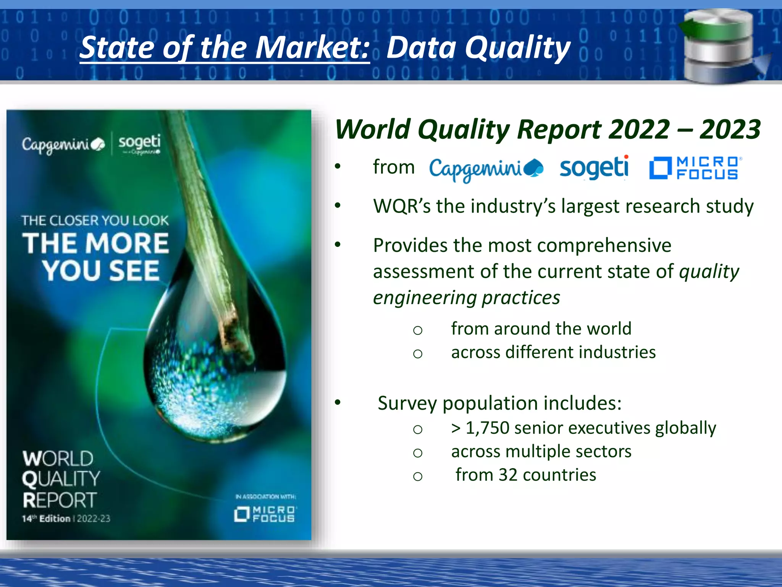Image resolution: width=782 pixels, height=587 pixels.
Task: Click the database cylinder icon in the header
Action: [718, 46]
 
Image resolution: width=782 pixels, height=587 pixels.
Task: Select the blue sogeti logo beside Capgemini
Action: [594, 167]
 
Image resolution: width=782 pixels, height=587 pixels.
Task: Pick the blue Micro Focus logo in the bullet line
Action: [695, 168]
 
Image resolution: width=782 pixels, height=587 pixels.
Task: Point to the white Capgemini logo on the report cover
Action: [63, 144]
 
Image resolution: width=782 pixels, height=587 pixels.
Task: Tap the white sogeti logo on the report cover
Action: [139, 143]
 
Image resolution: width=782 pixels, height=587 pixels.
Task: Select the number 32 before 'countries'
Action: [508, 475]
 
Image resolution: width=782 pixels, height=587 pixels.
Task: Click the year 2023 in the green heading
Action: [730, 129]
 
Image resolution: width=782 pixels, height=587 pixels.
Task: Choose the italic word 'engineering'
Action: [424, 298]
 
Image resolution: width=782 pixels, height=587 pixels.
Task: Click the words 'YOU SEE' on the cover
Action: [101, 271]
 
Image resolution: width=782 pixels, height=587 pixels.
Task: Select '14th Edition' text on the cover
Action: [46, 519]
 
